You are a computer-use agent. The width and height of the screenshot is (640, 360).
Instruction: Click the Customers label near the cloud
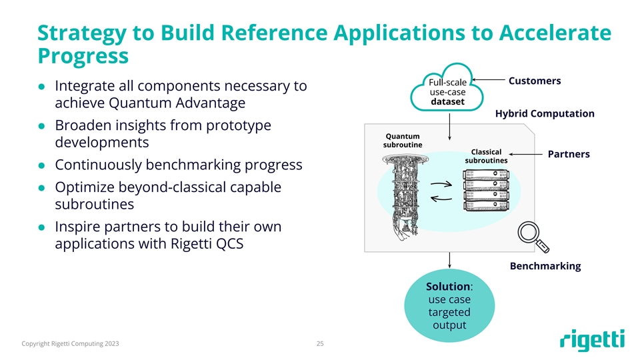click(x=534, y=81)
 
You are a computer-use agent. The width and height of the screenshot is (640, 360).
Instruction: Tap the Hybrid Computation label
click(x=545, y=113)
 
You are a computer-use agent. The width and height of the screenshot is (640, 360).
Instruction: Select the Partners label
click(x=568, y=154)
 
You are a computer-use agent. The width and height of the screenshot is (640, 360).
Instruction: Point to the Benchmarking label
click(x=545, y=266)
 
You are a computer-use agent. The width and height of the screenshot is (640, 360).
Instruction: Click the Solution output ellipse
click(x=449, y=306)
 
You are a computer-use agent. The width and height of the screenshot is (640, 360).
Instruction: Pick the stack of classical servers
click(x=485, y=191)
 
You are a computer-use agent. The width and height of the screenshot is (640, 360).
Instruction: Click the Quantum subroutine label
click(x=397, y=141)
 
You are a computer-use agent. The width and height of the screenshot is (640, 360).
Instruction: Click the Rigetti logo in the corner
click(x=592, y=340)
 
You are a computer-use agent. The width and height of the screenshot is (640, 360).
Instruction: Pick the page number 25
click(x=320, y=344)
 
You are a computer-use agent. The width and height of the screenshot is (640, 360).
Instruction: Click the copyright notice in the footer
click(x=71, y=344)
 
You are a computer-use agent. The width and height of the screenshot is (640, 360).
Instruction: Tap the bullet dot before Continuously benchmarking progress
click(x=41, y=165)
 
